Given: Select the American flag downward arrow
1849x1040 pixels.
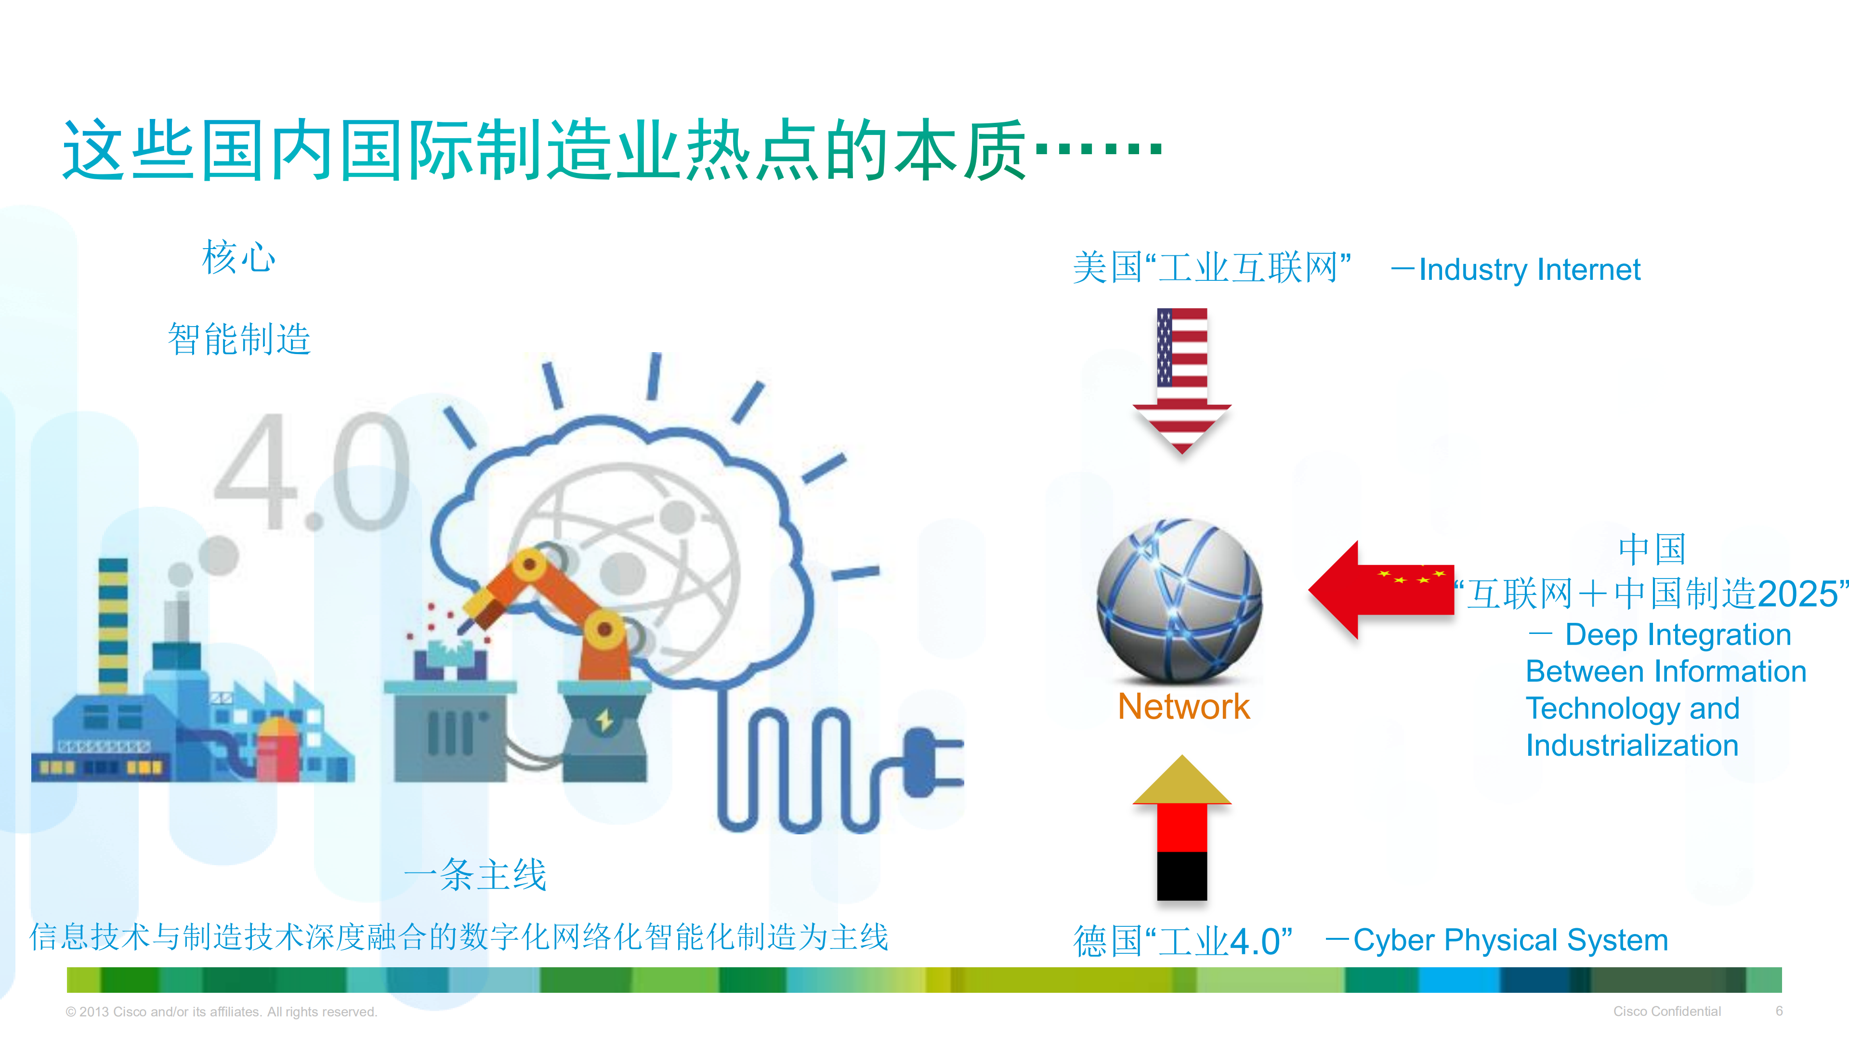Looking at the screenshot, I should point(1181,381).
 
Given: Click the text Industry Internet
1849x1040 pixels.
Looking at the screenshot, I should point(1529,270).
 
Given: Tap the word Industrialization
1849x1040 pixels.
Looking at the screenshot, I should point(1631,745).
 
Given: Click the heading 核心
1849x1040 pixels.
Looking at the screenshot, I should point(238,258).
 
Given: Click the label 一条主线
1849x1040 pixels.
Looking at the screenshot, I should point(475,874).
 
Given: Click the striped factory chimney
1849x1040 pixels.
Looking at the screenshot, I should point(113,624).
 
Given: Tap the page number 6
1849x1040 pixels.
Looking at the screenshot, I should point(1779,1011).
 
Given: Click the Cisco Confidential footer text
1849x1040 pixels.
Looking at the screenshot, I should point(1666,1011).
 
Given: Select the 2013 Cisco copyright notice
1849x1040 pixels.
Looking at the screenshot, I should point(221,1011).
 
